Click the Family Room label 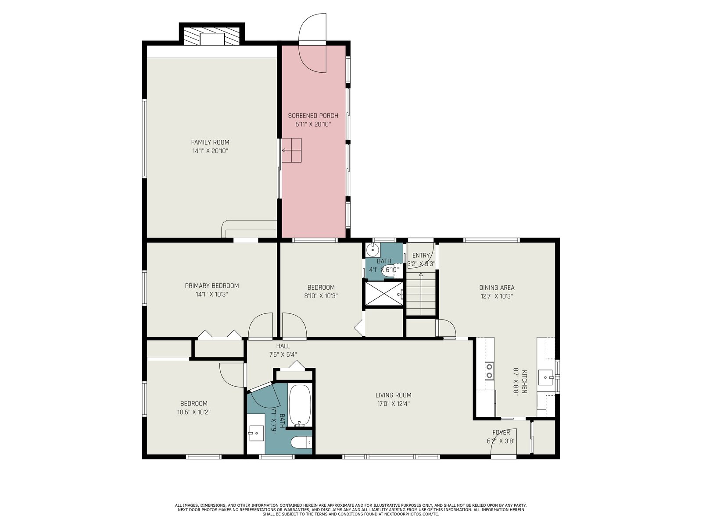click(210, 142)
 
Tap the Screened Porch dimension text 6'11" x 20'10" click(313, 124)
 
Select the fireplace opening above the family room click(212, 39)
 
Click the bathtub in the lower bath click(300, 405)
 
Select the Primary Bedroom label click(212, 286)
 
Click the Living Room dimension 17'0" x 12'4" click(394, 404)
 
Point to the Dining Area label click(497, 288)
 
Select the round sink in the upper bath click(372, 250)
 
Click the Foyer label click(501, 433)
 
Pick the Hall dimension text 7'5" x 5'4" click(283, 355)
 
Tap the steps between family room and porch click(291, 150)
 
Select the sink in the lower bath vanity click(256, 433)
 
